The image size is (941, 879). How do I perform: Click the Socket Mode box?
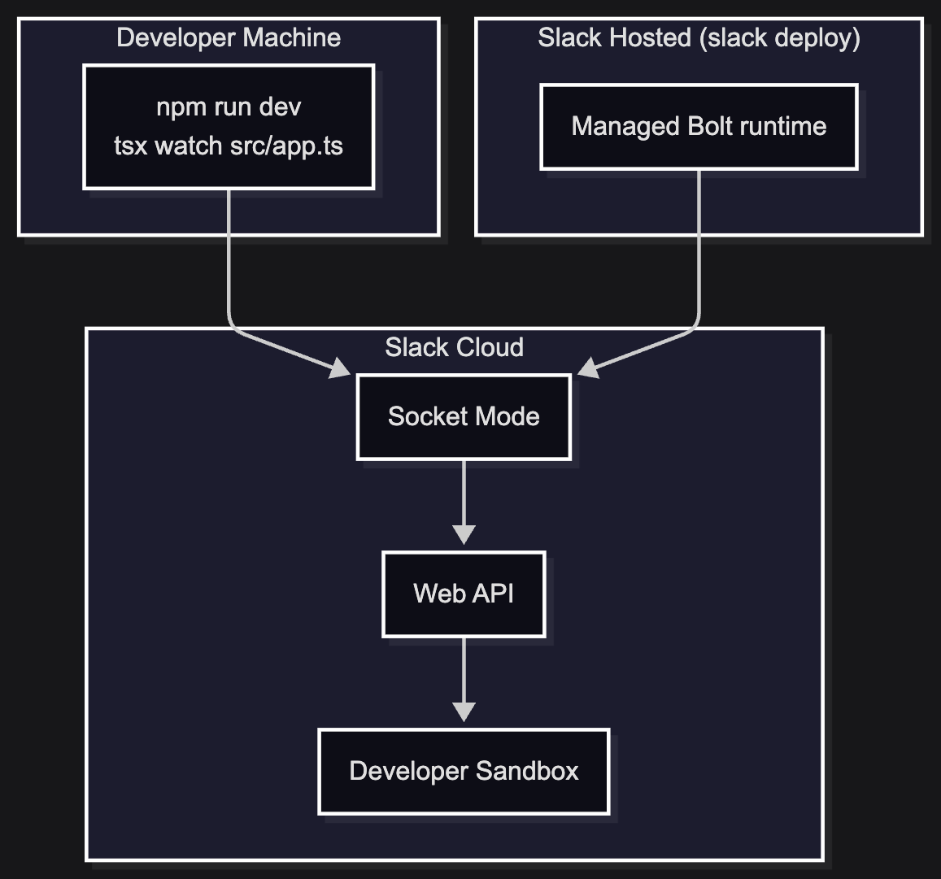(464, 417)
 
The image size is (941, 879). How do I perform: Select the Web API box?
(464, 594)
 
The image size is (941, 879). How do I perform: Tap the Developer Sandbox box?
(464, 771)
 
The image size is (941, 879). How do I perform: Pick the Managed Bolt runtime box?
(699, 127)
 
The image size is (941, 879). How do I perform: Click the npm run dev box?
(229, 127)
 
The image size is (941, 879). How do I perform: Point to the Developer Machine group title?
(229, 37)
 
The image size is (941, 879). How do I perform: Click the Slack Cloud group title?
(455, 347)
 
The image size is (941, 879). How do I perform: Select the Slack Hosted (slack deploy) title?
(699, 37)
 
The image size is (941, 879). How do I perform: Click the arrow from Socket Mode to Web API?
(464, 503)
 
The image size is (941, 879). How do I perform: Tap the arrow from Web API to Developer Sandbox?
(464, 679)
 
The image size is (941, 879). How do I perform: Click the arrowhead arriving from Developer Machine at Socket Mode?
(340, 368)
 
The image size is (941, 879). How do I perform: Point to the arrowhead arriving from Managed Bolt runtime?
(588, 368)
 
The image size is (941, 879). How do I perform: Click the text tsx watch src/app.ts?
(229, 146)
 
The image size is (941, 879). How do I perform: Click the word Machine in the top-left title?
(292, 37)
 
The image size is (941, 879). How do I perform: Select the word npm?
(175, 108)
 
